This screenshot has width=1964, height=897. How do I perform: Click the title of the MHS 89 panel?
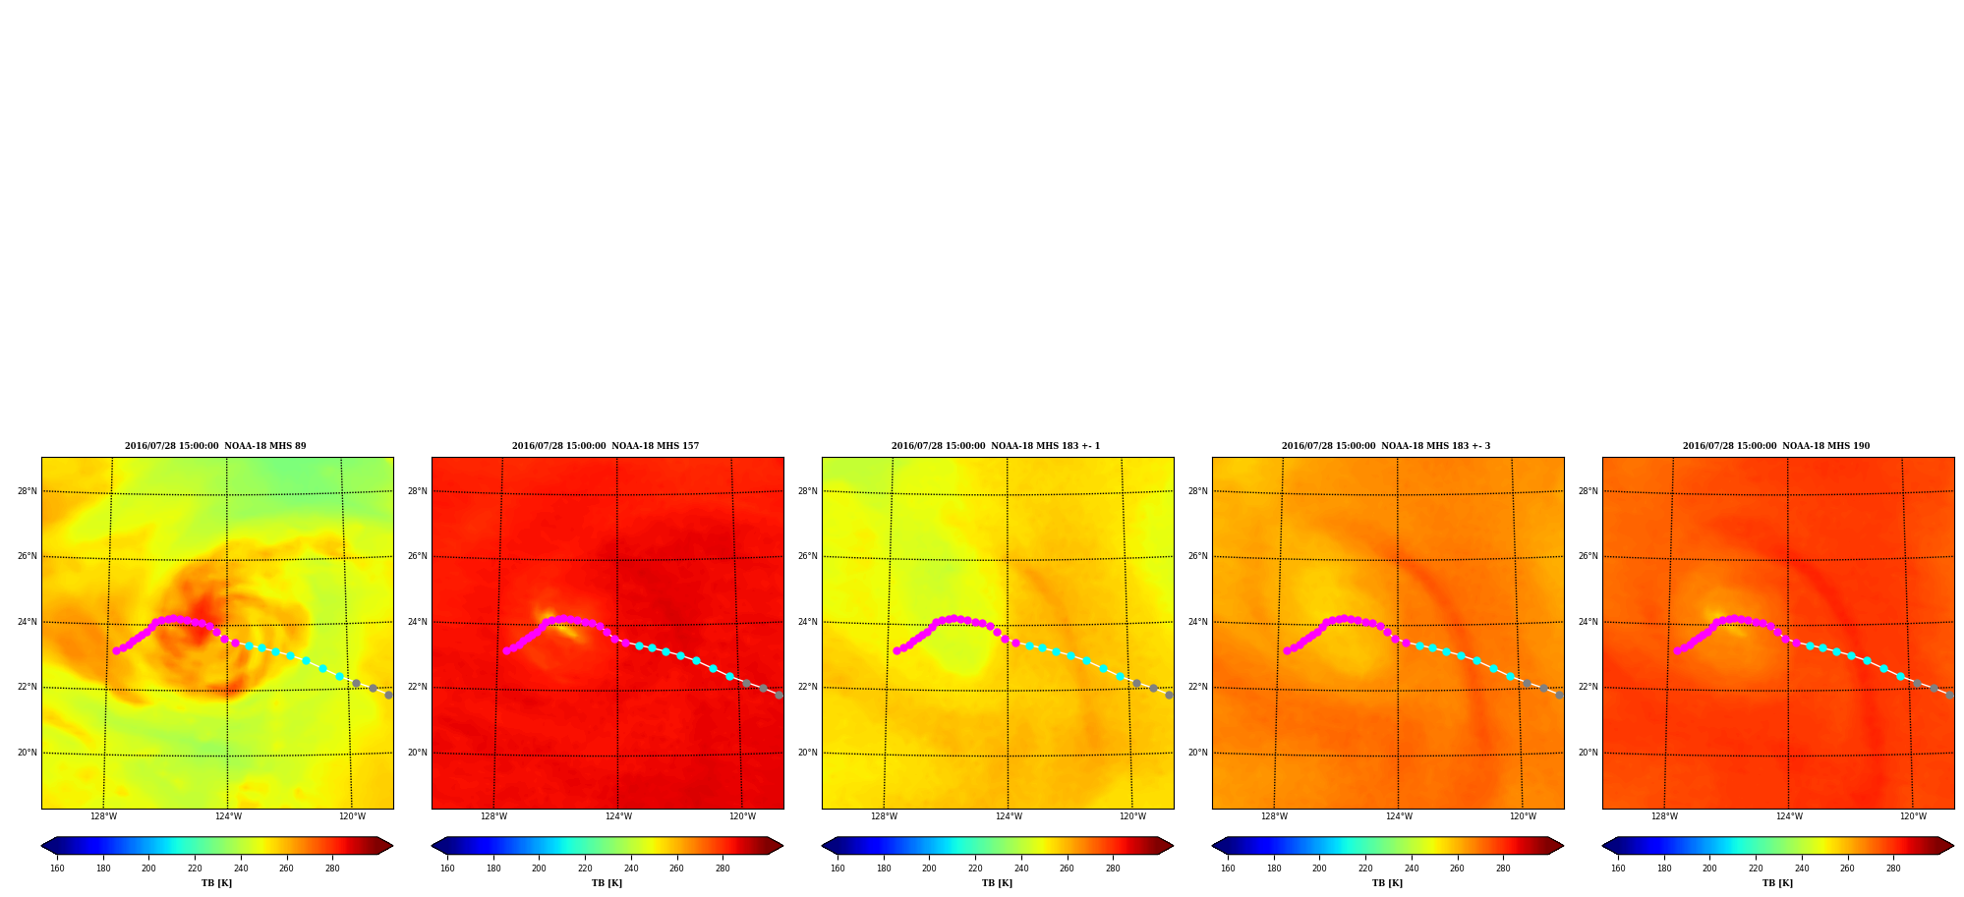click(215, 446)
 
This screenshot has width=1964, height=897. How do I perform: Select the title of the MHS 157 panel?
click(606, 446)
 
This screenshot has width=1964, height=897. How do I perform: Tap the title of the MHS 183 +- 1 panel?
click(996, 446)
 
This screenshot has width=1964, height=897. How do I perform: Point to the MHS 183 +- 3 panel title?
click(1386, 446)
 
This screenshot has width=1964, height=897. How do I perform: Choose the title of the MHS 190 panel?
click(1776, 446)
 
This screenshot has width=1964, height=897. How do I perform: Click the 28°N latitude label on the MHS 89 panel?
click(28, 491)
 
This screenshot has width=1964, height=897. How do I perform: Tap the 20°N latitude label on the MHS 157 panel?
click(418, 753)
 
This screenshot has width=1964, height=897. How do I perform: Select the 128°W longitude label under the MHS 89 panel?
click(103, 816)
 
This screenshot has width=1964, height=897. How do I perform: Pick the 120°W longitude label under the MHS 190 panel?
click(1913, 816)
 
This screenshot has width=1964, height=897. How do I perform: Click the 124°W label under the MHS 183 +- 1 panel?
click(1009, 816)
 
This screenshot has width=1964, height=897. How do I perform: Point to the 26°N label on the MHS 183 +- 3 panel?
click(1198, 556)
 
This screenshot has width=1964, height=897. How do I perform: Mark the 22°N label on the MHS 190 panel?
click(1589, 687)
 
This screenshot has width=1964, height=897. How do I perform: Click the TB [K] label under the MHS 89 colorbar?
click(217, 883)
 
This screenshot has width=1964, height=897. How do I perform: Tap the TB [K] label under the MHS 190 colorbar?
click(1777, 883)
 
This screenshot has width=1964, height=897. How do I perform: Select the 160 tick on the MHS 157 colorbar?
click(447, 869)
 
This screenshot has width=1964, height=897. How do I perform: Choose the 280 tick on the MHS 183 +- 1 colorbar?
click(1113, 869)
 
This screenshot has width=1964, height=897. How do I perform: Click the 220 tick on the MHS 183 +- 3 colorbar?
click(1365, 869)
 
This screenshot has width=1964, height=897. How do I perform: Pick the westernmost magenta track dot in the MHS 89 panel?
click(116, 650)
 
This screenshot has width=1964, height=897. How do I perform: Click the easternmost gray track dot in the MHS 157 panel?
click(779, 695)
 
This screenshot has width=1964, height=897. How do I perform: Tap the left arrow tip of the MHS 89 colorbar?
click(41, 846)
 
